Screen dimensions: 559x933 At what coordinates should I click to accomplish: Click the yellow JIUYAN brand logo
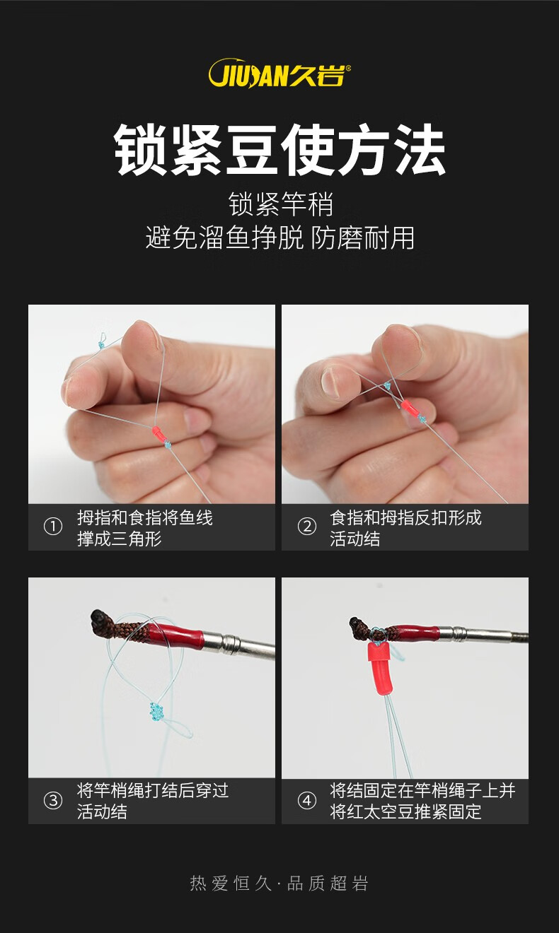[279, 73]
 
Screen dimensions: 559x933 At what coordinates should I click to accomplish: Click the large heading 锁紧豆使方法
[279, 150]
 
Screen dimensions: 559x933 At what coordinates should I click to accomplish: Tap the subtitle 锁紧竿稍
[280, 204]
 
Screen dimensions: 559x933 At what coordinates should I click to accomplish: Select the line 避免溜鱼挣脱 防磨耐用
[279, 237]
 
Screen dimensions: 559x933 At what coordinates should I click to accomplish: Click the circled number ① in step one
[53, 527]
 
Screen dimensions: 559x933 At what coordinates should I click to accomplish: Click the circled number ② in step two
[307, 527]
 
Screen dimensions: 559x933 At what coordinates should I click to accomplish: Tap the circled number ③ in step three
[53, 800]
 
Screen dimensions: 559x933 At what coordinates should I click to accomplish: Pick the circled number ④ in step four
[307, 800]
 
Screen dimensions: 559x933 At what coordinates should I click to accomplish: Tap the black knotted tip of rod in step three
[99, 616]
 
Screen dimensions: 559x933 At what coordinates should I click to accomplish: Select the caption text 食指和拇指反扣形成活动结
[405, 528]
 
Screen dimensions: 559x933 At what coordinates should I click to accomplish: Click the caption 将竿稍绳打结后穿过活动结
[153, 802]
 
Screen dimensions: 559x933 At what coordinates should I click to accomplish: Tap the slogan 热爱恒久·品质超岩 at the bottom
[279, 884]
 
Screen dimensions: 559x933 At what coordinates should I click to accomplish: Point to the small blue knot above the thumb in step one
[100, 346]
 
